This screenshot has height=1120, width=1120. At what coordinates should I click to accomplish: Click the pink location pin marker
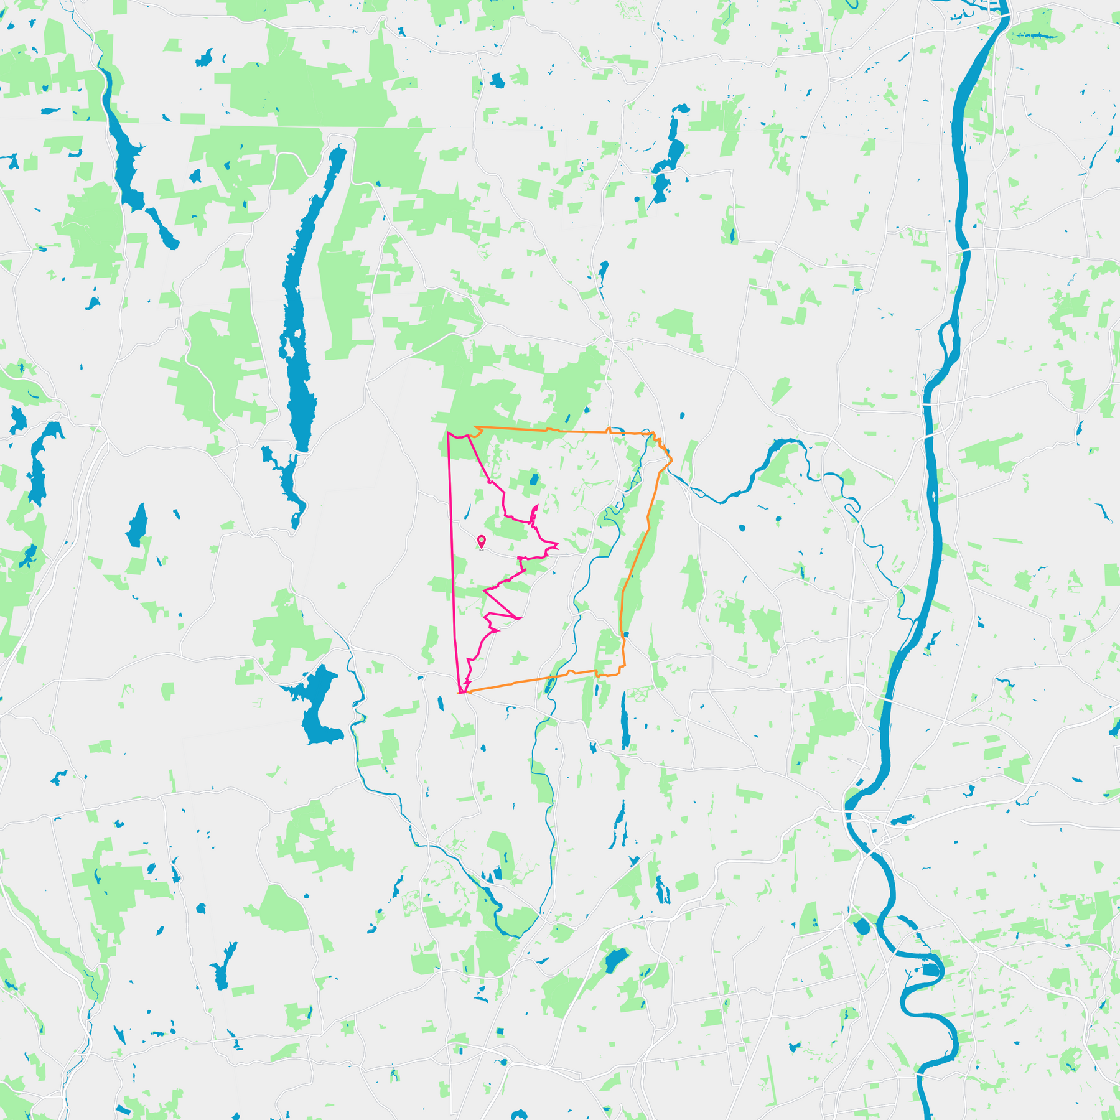481,541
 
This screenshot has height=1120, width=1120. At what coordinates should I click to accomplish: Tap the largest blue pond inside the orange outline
533,480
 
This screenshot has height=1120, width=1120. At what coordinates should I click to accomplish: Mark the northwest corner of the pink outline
448,432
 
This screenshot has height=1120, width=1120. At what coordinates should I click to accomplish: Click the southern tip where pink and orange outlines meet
460,692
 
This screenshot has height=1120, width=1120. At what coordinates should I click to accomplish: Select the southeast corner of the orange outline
623,668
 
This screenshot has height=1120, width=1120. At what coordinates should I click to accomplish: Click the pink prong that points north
536,511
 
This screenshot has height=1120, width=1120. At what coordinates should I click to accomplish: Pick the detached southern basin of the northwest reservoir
164,230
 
